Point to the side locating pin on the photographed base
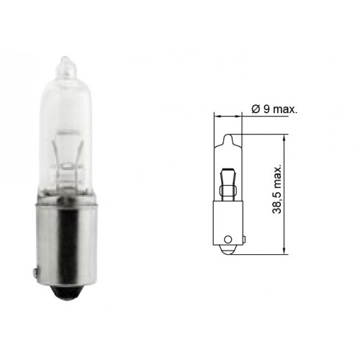[35, 273]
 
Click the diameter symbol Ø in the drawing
[256, 109]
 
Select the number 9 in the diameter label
[266, 109]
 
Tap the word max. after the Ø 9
[285, 110]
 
